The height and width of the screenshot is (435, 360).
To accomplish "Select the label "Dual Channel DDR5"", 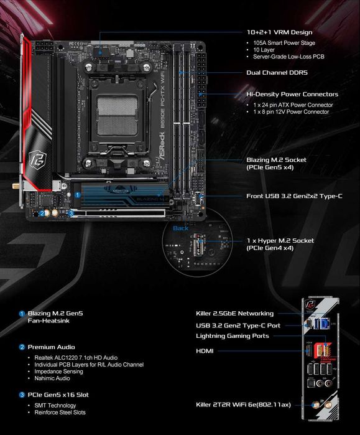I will point(277,72).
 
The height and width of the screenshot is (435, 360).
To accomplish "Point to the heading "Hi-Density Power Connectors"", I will point(292,95).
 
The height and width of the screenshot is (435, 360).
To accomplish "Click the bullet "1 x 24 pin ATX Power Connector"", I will point(297,105).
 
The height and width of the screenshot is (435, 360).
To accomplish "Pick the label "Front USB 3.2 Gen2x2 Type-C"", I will point(294,196).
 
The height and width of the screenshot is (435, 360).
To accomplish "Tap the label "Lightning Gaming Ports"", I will point(231,336).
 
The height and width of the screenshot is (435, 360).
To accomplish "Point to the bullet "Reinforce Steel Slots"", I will point(60,412).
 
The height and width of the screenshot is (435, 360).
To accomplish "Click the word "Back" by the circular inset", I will point(180,228).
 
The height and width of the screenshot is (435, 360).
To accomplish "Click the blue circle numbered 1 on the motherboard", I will point(78,194).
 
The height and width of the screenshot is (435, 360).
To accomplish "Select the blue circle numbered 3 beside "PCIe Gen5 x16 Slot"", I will point(22,394).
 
